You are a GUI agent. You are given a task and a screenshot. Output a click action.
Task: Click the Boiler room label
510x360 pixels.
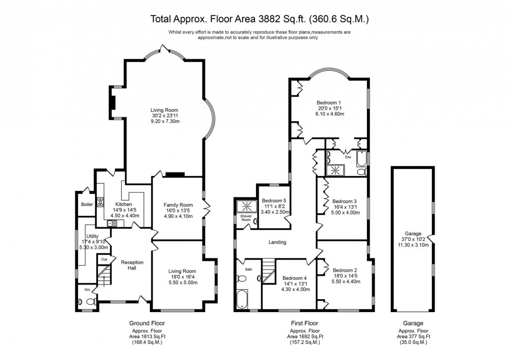(x=87, y=204)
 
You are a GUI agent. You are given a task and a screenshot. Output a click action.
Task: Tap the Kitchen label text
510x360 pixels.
(x=124, y=204)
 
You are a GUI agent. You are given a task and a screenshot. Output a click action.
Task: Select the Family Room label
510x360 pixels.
(x=178, y=205)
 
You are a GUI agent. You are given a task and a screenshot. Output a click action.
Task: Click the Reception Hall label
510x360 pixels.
(x=132, y=265)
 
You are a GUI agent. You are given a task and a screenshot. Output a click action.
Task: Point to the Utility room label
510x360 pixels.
(x=93, y=236)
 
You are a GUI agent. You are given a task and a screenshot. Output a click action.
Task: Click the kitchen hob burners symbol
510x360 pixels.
(x=100, y=202)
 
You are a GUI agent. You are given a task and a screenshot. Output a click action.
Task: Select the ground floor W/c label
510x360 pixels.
(x=87, y=289)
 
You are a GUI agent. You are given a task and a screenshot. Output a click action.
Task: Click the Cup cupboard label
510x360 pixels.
(x=104, y=260)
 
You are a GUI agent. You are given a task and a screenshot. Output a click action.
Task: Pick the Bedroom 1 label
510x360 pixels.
(x=329, y=103)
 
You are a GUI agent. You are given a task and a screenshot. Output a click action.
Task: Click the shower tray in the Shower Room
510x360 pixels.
(x=247, y=206)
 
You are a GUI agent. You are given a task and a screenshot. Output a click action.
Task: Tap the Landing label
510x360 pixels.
(x=277, y=242)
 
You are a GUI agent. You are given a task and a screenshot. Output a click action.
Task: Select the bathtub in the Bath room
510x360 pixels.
(x=242, y=299)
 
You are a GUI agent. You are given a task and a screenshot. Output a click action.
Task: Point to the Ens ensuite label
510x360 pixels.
(x=348, y=157)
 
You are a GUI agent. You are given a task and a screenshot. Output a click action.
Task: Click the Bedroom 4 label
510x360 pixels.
(x=295, y=278)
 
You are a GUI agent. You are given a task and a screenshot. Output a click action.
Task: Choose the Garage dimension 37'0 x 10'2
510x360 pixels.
(x=413, y=239)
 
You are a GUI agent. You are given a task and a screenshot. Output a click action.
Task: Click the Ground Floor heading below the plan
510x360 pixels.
(x=147, y=323)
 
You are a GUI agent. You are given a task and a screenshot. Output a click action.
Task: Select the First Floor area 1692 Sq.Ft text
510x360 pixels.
(x=305, y=337)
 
